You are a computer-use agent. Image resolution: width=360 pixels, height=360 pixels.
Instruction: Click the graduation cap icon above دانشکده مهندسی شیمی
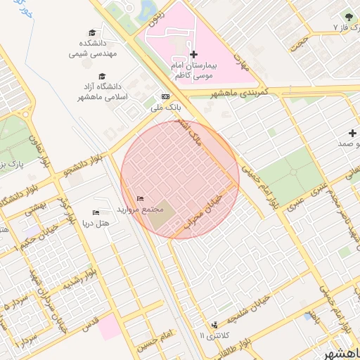pyautogui.click(x=93, y=32)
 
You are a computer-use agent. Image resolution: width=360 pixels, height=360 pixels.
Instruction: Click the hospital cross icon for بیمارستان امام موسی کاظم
pyautogui.click(x=194, y=54)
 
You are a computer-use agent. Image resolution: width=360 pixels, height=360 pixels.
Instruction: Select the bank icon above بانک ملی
pyautogui.click(x=166, y=97)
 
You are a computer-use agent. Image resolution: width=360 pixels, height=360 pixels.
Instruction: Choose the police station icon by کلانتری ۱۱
pyautogui.click(x=214, y=325)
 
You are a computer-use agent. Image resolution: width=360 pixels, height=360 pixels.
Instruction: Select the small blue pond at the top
pyautogui.click(x=150, y=9)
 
